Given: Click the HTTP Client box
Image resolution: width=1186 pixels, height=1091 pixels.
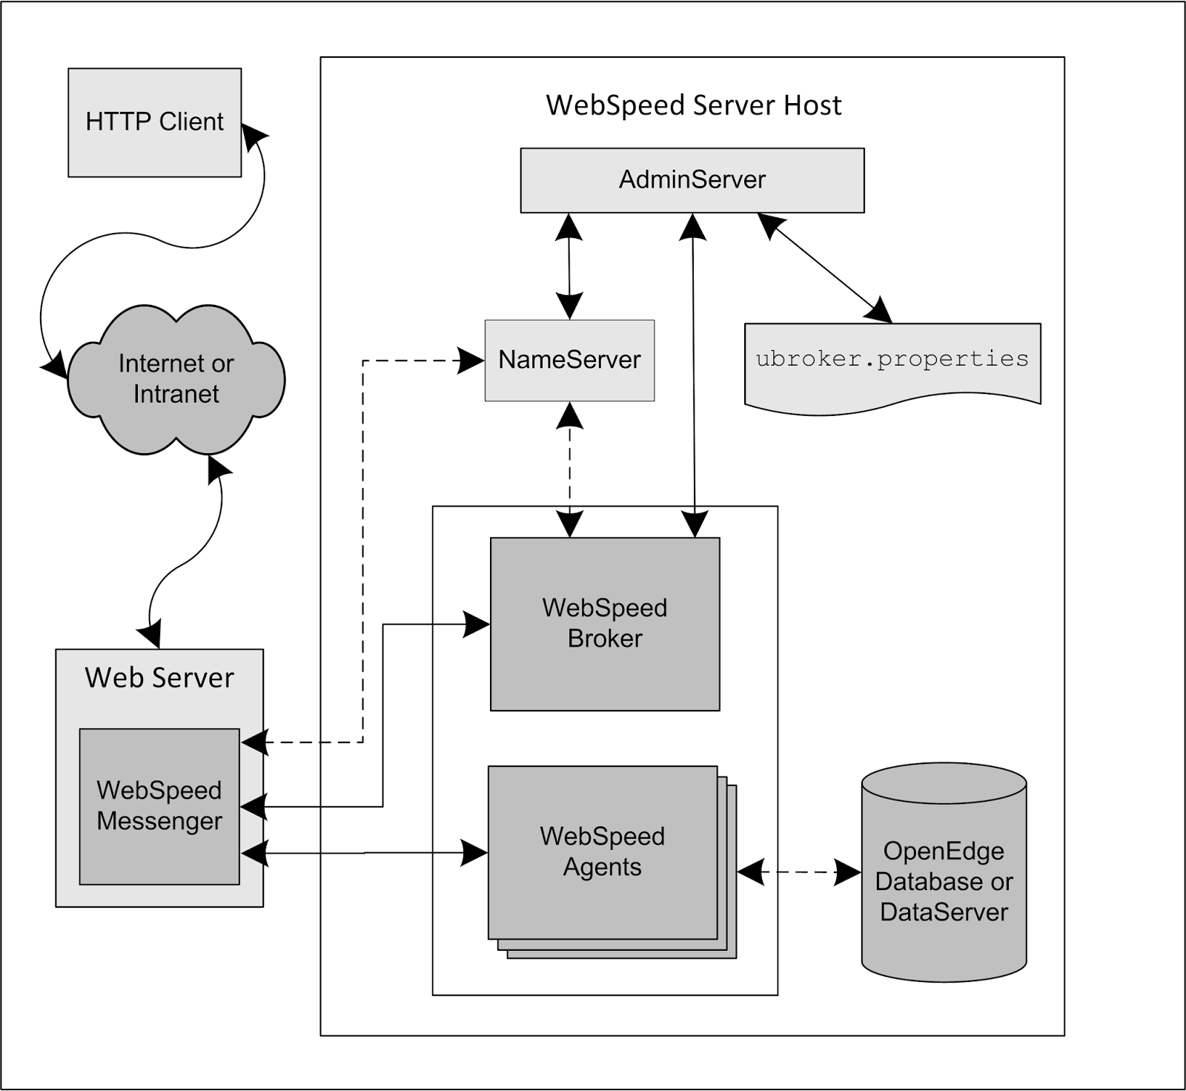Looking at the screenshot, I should [154, 122].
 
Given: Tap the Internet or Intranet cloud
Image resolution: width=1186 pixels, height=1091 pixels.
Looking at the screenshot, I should [176, 379].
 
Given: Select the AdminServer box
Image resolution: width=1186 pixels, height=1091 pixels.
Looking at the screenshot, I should [692, 180].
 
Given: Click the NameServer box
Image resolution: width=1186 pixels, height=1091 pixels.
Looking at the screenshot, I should [569, 360].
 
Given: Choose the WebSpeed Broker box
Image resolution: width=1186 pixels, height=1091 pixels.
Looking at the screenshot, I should [605, 624].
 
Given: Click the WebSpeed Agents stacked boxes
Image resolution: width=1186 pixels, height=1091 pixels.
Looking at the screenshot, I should [602, 852].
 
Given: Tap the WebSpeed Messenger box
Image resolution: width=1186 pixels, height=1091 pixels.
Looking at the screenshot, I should [159, 806].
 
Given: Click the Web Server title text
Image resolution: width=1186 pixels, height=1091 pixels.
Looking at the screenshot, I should [159, 678].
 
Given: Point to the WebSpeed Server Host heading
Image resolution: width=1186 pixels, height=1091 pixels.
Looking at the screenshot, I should [693, 105].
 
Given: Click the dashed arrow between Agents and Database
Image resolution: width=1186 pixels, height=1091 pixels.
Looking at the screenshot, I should [799, 872].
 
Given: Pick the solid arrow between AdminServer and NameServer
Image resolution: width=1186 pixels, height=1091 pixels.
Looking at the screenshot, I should [569, 266].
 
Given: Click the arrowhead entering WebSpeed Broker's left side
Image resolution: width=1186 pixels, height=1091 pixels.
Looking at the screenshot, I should [476, 624].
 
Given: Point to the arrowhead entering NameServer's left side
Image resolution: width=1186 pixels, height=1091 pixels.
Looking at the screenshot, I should [470, 360].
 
